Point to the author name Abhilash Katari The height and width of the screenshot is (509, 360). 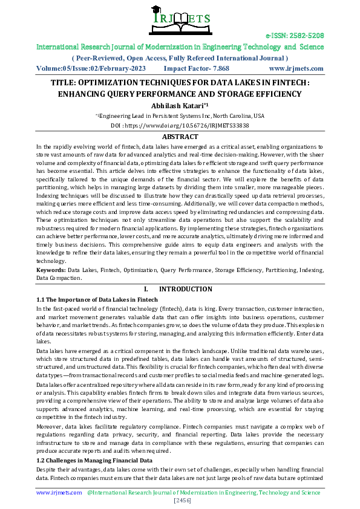pyautogui.click(x=179, y=105)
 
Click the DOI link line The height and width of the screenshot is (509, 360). pyautogui.click(x=180, y=126)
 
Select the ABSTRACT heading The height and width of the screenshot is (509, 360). pyautogui.click(x=180, y=137)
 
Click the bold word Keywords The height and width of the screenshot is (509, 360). pyautogui.click(x=50, y=268)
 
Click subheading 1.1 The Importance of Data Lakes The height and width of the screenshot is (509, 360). pyautogui.click(x=97, y=299)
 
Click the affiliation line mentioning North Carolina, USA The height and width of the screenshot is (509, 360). pyautogui.click(x=180, y=115)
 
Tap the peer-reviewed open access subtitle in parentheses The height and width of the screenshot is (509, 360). pyautogui.click(x=180, y=58)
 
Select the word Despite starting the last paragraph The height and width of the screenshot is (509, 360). pyautogui.click(x=47, y=468)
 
